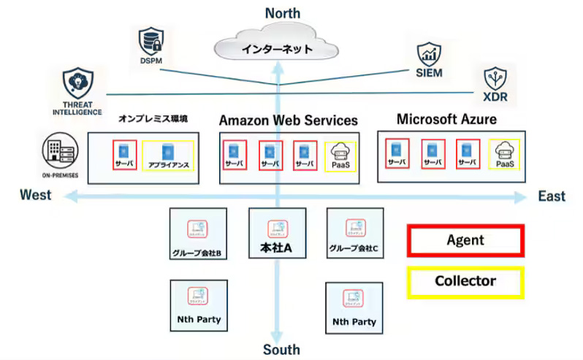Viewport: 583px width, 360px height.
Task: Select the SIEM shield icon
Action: [429, 54]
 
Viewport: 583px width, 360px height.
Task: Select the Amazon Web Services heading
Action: [289, 120]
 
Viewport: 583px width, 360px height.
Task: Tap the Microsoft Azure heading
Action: [446, 118]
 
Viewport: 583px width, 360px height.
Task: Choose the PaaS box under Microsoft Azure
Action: [504, 155]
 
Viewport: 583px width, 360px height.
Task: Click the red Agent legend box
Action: [465, 240]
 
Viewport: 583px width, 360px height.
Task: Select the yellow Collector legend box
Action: [465, 281]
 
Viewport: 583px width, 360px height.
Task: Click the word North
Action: [282, 12]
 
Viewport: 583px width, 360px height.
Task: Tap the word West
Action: [36, 195]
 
